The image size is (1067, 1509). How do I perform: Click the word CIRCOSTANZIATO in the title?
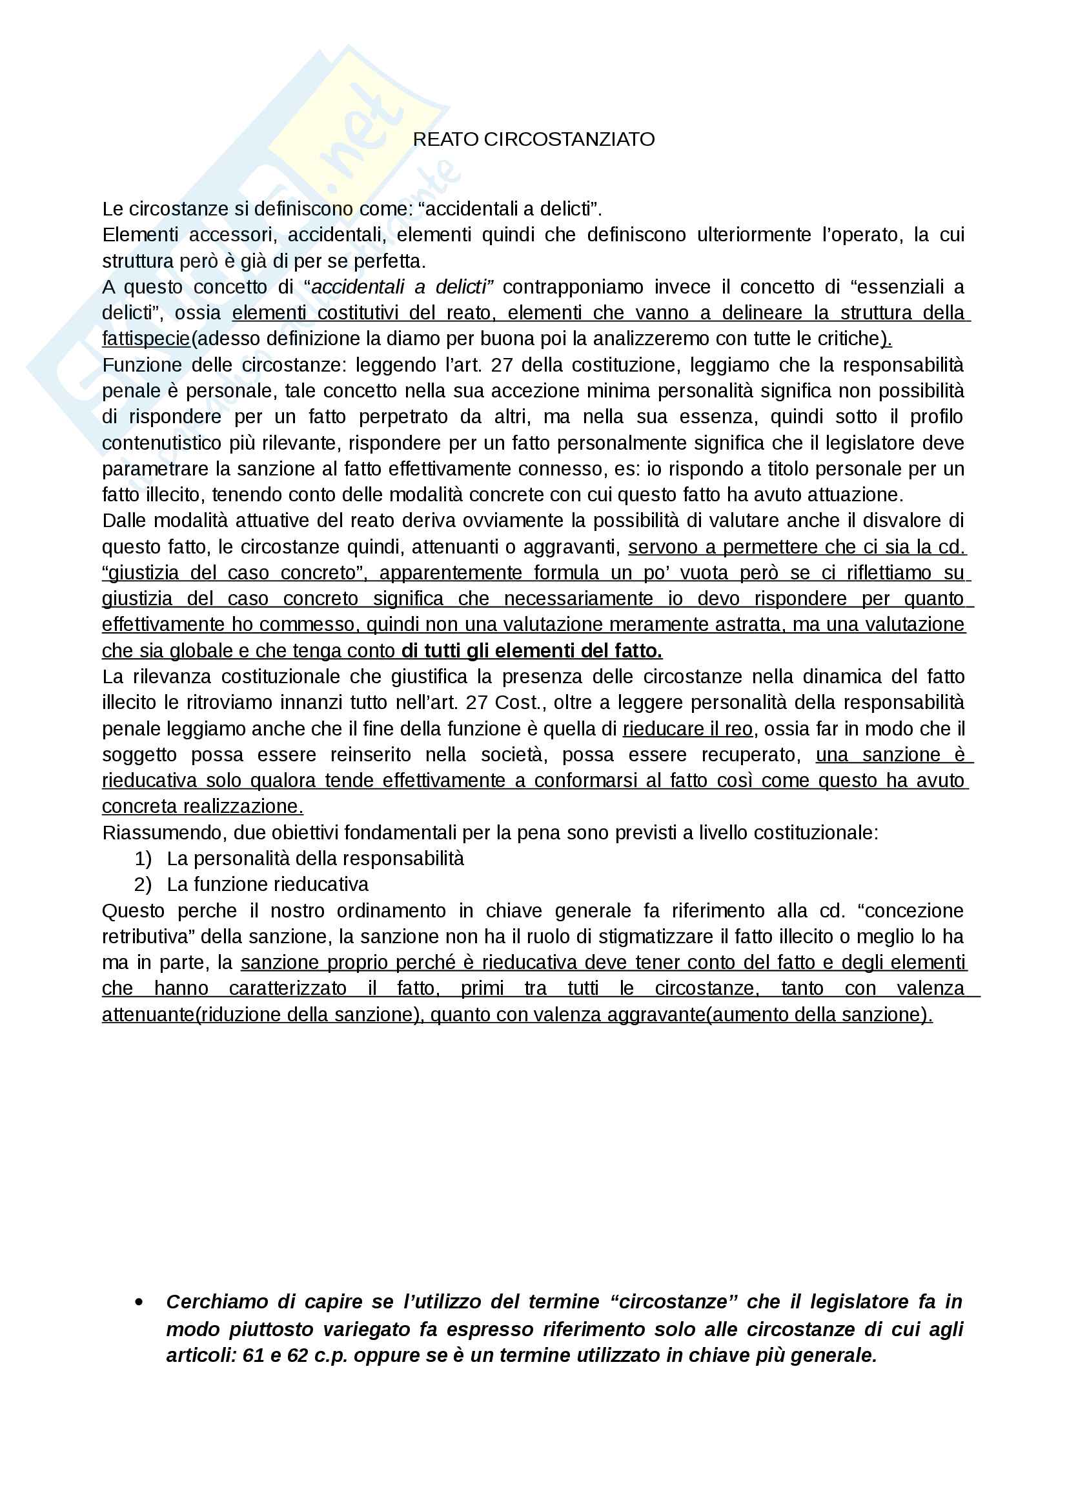[x=569, y=139]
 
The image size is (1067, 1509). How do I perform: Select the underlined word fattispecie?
[x=146, y=339]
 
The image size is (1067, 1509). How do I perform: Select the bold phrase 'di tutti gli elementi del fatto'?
[x=531, y=651]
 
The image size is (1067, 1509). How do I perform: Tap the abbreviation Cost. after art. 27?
[x=520, y=703]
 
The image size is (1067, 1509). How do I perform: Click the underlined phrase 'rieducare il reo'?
[x=687, y=729]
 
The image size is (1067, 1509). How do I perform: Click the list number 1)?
[x=143, y=858]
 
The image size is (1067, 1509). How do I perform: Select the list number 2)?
[x=143, y=884]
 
